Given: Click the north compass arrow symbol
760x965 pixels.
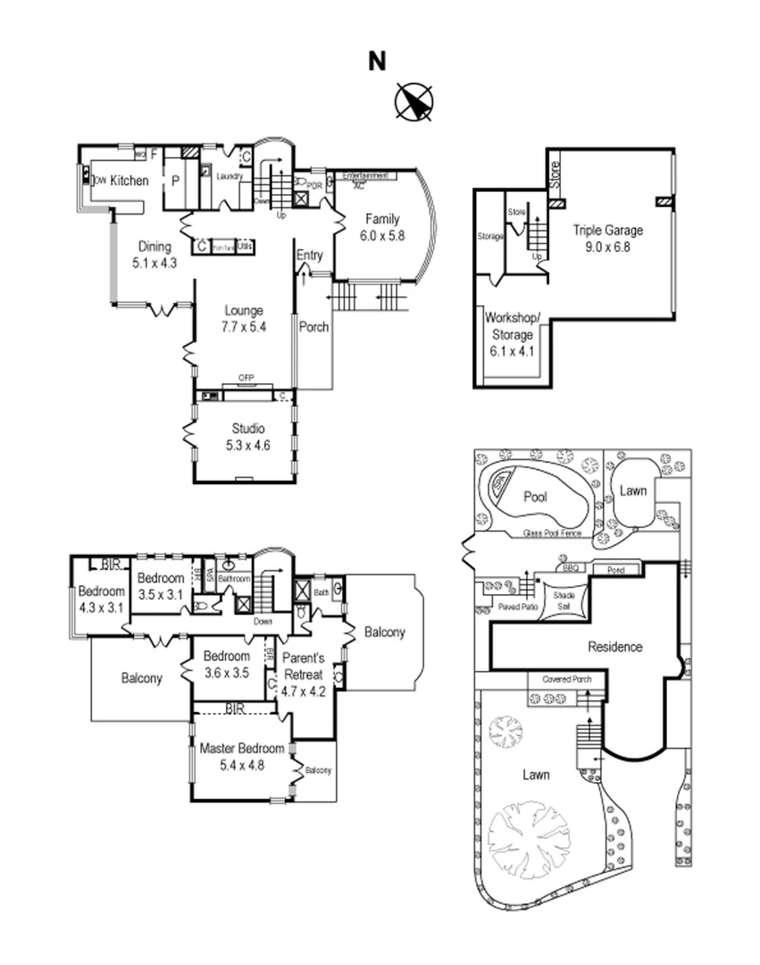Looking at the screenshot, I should coord(414,101).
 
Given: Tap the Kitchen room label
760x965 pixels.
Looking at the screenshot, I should coord(129,180).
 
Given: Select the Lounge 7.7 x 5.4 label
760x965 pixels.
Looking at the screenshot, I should coord(244,319).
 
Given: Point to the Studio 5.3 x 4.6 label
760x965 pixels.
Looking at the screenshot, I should coord(243,437).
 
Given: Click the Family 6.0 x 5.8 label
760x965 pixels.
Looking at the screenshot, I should coord(380,228).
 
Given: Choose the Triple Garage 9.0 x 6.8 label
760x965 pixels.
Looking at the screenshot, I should coord(607,239).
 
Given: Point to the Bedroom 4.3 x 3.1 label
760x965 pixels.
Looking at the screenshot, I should coord(101,600).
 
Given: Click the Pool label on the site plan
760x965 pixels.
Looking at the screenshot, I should coord(536,497).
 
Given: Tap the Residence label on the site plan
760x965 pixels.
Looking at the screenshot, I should coord(614,647).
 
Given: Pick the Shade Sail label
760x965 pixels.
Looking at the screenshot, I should coord(564,599).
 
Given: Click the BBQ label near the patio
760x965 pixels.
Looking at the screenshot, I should coord(570,567).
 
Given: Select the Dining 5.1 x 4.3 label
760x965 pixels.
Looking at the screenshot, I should coord(155,255).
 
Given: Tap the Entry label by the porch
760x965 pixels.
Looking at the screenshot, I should coord(309,256).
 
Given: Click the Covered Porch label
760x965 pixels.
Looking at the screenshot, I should coord(565,680).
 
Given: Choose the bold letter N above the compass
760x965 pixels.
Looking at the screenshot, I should coord(378,61).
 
